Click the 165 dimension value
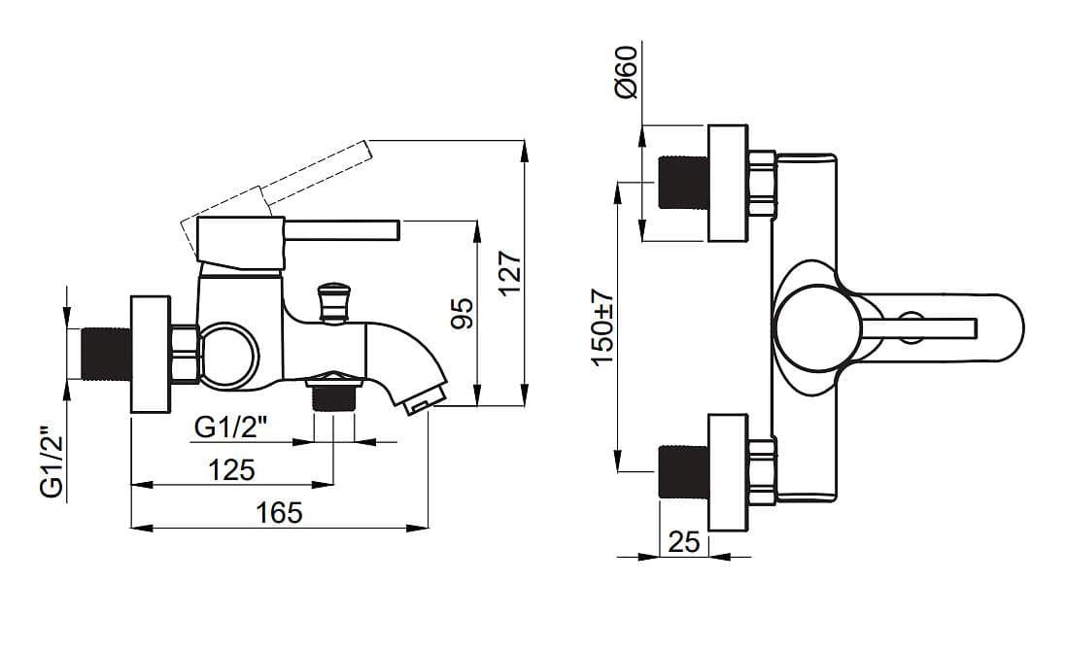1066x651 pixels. pyautogui.click(x=279, y=513)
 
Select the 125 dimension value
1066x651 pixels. pyautogui.click(x=232, y=470)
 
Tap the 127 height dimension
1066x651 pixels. pyautogui.click(x=510, y=273)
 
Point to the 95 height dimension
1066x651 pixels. pyautogui.click(x=463, y=313)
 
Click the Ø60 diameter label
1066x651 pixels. pyautogui.click(x=626, y=72)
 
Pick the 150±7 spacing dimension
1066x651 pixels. pyautogui.click(x=602, y=327)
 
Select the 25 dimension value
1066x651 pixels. pyautogui.click(x=684, y=542)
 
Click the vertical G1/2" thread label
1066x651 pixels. pyautogui.click(x=52, y=463)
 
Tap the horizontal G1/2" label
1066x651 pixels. pyautogui.click(x=230, y=428)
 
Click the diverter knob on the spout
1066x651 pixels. pyautogui.click(x=334, y=302)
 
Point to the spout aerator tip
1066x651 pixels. pyautogui.click(x=423, y=401)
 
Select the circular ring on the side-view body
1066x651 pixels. pyautogui.click(x=228, y=354)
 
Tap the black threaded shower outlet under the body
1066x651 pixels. pyautogui.click(x=333, y=396)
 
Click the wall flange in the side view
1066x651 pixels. pyautogui.click(x=151, y=354)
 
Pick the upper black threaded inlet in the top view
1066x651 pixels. pyautogui.click(x=683, y=182)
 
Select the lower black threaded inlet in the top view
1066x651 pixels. pyautogui.click(x=683, y=471)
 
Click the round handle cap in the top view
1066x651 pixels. pyautogui.click(x=815, y=328)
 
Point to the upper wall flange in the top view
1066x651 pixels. pyautogui.click(x=728, y=183)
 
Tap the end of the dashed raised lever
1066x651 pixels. pyautogui.click(x=367, y=151)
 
